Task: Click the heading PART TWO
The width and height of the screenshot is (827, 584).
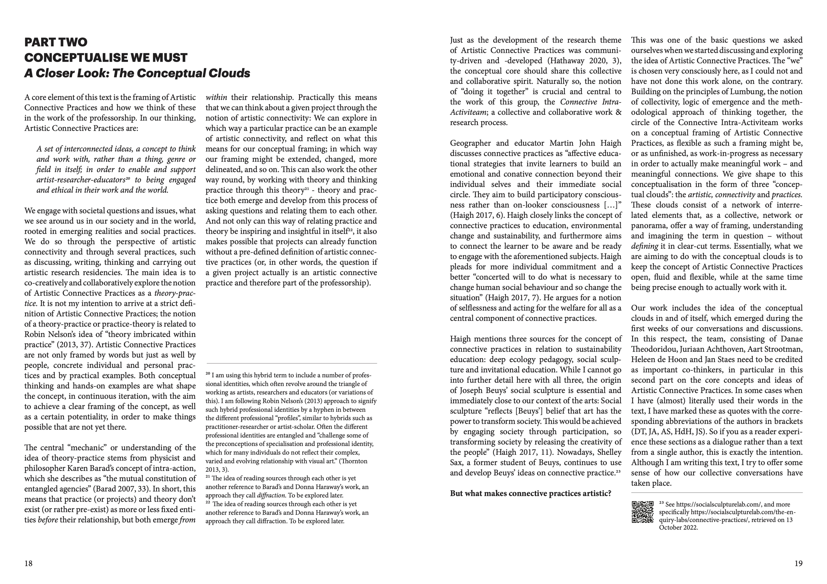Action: (x=56, y=43)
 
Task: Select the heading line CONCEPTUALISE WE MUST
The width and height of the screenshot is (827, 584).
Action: (x=106, y=58)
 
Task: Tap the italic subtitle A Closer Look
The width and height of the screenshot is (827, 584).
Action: (x=137, y=73)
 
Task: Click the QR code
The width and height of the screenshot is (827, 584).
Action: (x=643, y=511)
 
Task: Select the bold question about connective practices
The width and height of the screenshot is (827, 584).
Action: (x=531, y=493)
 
